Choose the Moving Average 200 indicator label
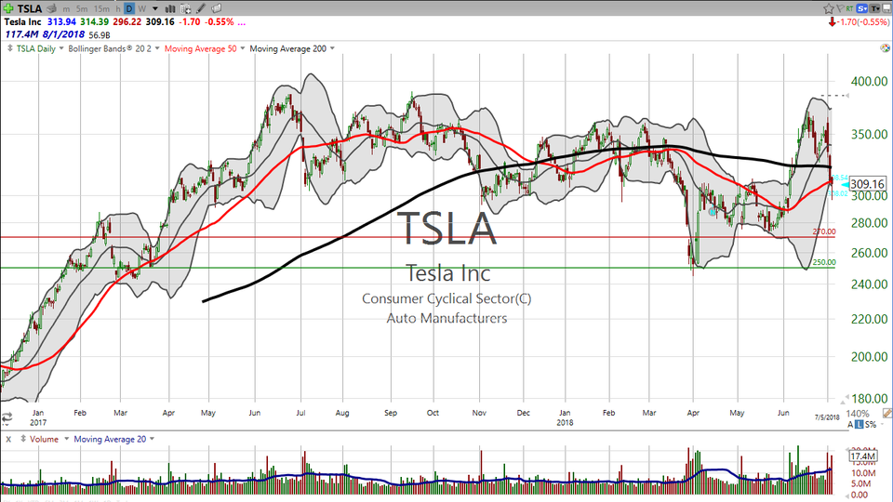point(288,48)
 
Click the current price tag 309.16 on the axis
point(865,184)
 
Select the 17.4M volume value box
point(864,456)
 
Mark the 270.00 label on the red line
point(824,231)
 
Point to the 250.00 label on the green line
point(824,262)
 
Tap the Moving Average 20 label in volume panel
point(109,439)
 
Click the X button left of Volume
point(7,439)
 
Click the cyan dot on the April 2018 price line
point(713,212)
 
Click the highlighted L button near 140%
point(860,424)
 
